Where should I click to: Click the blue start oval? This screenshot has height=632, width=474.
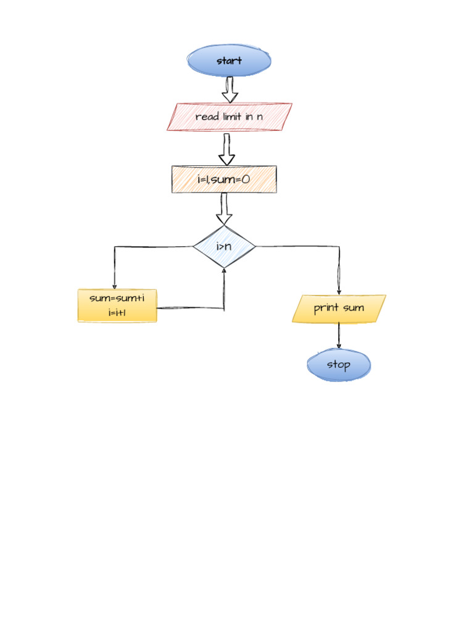(x=229, y=60)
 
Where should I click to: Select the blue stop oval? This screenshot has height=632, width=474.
(x=339, y=365)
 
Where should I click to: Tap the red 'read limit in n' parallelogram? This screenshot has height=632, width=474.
(x=229, y=117)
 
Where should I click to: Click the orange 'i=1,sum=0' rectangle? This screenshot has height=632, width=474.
(x=224, y=179)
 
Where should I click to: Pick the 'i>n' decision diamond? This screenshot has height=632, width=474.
(x=224, y=247)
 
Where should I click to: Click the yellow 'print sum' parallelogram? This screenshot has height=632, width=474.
(x=339, y=309)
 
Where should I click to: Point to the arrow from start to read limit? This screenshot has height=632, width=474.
(x=230, y=89)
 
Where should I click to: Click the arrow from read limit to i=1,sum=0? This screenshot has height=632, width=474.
(x=227, y=149)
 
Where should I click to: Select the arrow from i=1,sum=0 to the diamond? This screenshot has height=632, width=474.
(x=224, y=209)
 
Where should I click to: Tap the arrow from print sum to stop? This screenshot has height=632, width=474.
(x=339, y=336)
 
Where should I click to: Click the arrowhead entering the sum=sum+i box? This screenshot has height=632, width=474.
(x=114, y=286)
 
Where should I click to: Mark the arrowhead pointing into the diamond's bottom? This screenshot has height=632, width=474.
(x=224, y=270)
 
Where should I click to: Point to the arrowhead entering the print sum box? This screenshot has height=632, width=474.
(x=339, y=292)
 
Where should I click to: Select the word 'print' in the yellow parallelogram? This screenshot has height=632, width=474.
(x=326, y=308)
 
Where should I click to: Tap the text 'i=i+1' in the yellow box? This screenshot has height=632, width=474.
(x=117, y=313)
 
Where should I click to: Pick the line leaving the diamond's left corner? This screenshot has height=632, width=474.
(x=154, y=247)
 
